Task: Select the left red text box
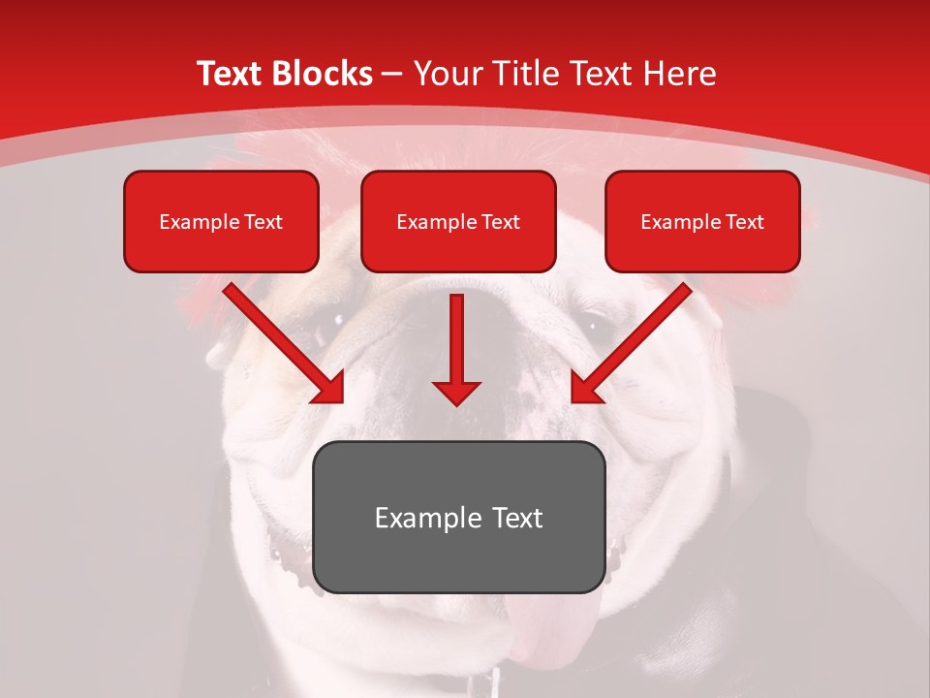[x=221, y=221]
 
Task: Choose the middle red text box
[x=458, y=221]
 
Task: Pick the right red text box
[x=702, y=221]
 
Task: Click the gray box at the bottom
[x=458, y=517]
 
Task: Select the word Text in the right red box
[x=744, y=222]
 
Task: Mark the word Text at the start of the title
[x=232, y=74]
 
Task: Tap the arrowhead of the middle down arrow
[x=456, y=392]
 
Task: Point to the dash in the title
[x=391, y=74]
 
